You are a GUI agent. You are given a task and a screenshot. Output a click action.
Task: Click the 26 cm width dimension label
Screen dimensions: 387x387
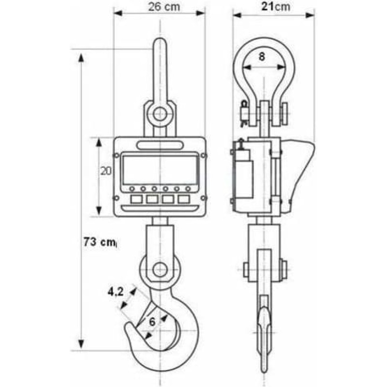164,7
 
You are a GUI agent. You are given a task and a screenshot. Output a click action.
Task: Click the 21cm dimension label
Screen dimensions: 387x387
276,6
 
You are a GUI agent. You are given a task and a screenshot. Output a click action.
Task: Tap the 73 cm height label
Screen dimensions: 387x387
100,241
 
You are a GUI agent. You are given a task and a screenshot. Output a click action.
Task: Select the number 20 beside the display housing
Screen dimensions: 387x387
106,171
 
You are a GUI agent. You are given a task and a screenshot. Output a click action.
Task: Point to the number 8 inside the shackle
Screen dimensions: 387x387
262,57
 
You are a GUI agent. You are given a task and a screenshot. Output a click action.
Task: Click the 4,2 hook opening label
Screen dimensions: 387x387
116,292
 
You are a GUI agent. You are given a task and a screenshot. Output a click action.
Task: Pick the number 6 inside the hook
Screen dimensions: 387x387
152,322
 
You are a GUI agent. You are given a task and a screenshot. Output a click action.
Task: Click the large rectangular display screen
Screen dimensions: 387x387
161,170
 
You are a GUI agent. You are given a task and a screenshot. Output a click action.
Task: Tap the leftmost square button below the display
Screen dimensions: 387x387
136,199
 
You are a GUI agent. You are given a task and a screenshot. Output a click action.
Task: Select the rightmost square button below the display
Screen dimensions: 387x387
184,199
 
